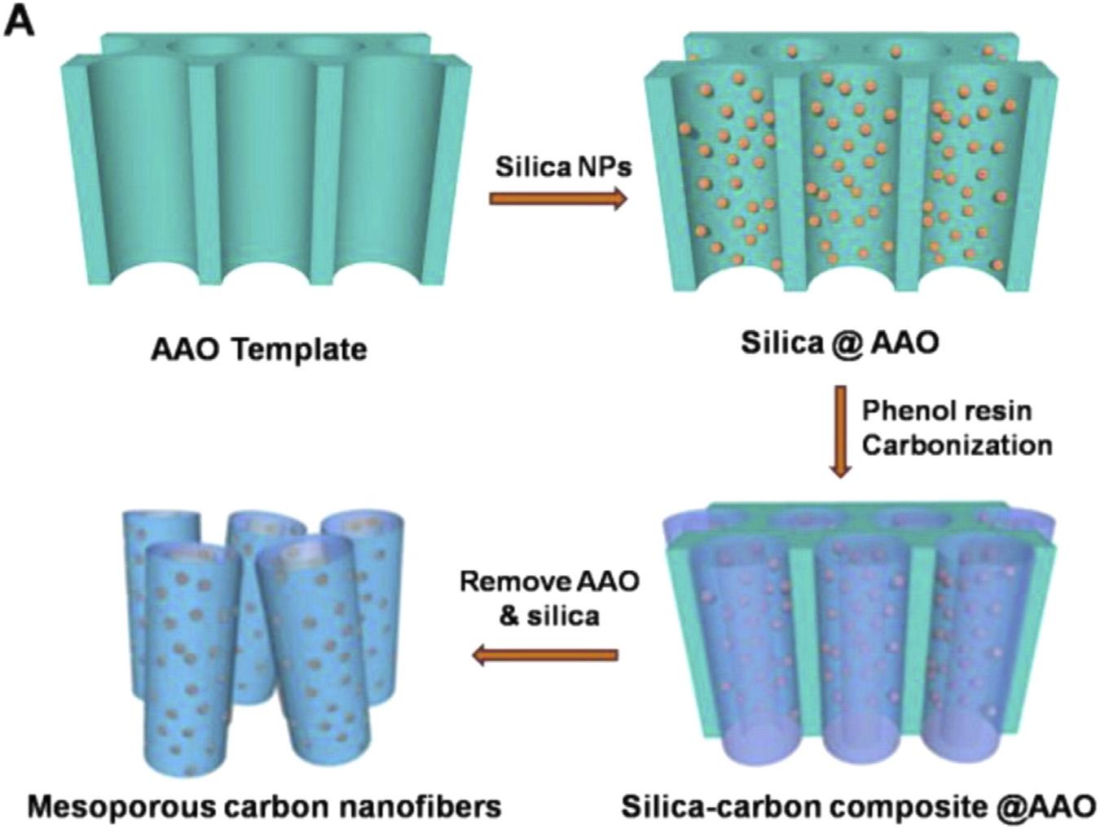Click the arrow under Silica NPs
coord(558,198)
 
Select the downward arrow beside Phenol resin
coord(839,431)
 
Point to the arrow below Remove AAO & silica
coord(545,654)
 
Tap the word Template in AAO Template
coord(298,350)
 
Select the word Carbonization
coord(957,445)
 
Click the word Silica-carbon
coord(720,806)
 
